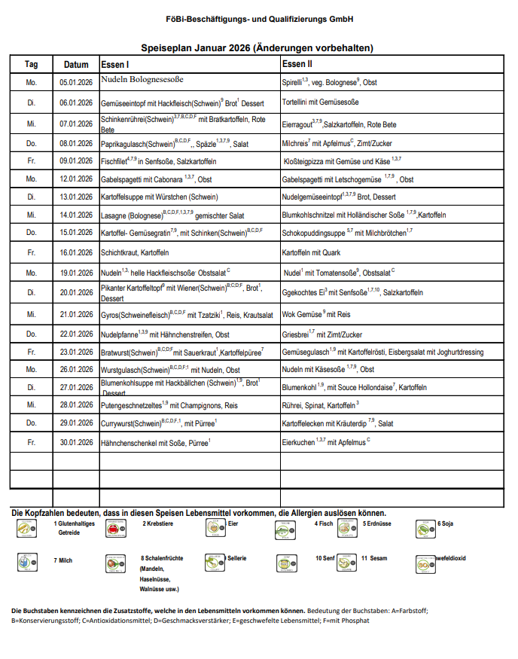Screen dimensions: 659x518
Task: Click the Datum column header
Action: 76,64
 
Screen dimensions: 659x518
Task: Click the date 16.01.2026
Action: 76,252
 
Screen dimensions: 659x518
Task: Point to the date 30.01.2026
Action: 76,442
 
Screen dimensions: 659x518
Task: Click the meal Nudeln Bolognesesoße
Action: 142,79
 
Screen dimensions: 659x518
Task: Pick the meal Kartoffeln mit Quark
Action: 311,252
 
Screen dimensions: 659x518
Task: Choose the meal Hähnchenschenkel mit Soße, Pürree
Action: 155,443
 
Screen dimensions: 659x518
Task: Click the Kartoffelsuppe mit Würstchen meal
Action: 159,196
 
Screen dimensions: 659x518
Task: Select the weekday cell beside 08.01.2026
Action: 32,142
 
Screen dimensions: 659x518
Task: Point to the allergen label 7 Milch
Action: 63,560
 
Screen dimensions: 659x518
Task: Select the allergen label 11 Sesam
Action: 374,558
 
